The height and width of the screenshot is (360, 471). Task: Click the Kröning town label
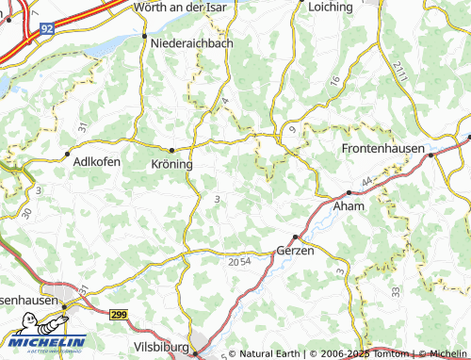pos(171,163)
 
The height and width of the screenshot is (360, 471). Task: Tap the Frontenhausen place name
pos(382,149)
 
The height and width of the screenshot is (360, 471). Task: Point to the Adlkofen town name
pos(96,162)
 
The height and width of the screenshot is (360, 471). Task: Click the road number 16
pos(334,82)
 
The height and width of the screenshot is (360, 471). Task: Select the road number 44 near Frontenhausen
pos(366,179)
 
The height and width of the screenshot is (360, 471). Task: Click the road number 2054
pos(239,261)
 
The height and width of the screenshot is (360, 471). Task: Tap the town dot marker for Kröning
pos(171,150)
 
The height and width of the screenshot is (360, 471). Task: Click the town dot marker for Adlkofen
pos(67,153)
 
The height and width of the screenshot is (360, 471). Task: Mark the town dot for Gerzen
pos(296,237)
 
